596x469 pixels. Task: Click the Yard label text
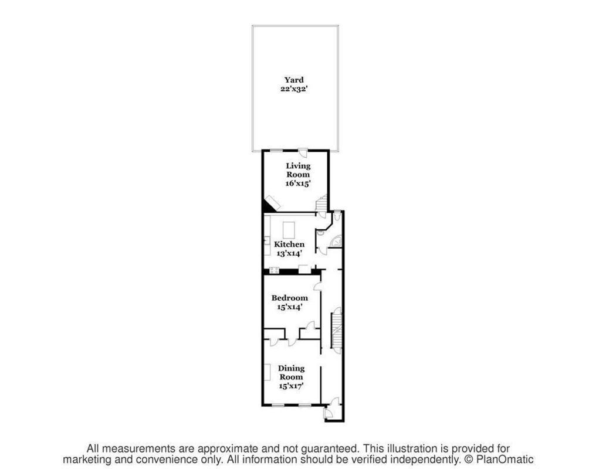coord(294,80)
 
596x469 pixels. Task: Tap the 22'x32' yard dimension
coord(294,89)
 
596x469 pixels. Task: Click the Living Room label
coord(298,170)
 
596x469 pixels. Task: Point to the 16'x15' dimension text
coord(298,183)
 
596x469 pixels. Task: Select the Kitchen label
coord(290,244)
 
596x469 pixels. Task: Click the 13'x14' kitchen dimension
coord(289,254)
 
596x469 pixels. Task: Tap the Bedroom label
coord(289,298)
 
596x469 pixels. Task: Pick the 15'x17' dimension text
coord(291,386)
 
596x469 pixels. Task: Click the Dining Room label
coord(291,372)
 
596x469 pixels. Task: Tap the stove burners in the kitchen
coord(273,270)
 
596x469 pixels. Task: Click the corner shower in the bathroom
coord(337,241)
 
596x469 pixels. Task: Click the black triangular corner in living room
coord(268,206)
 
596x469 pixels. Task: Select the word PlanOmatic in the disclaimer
coord(504,460)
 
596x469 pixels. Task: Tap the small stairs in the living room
coord(321,204)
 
